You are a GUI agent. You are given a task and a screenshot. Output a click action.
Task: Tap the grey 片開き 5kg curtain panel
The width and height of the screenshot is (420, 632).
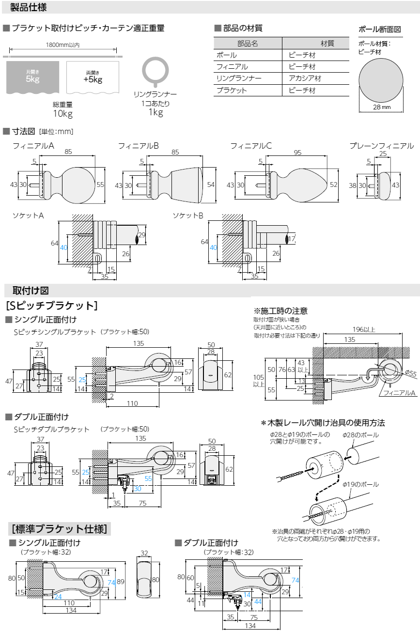click(32, 77)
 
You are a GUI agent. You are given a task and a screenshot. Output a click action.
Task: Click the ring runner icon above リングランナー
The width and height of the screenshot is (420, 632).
click(155, 71)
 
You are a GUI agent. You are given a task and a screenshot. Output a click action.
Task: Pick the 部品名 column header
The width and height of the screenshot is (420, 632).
click(248, 43)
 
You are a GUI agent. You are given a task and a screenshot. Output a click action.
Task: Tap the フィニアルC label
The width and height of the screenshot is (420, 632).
click(251, 146)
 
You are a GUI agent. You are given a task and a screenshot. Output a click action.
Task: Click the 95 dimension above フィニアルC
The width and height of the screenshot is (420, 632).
click(297, 152)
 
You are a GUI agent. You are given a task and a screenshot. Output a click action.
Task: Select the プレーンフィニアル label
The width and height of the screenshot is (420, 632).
click(382, 146)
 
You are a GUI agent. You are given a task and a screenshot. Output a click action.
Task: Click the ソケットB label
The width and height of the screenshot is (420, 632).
click(188, 215)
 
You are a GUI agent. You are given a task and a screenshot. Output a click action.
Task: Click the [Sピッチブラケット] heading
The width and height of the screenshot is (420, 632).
click(52, 306)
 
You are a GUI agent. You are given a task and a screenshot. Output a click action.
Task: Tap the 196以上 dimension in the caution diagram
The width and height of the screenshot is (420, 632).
click(363, 330)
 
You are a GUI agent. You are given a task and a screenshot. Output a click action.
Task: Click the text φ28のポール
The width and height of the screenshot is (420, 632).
click(359, 435)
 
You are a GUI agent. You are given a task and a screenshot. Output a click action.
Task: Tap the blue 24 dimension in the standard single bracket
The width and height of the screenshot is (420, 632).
click(58, 597)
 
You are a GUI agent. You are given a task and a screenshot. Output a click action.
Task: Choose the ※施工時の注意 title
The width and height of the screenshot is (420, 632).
click(280, 311)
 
